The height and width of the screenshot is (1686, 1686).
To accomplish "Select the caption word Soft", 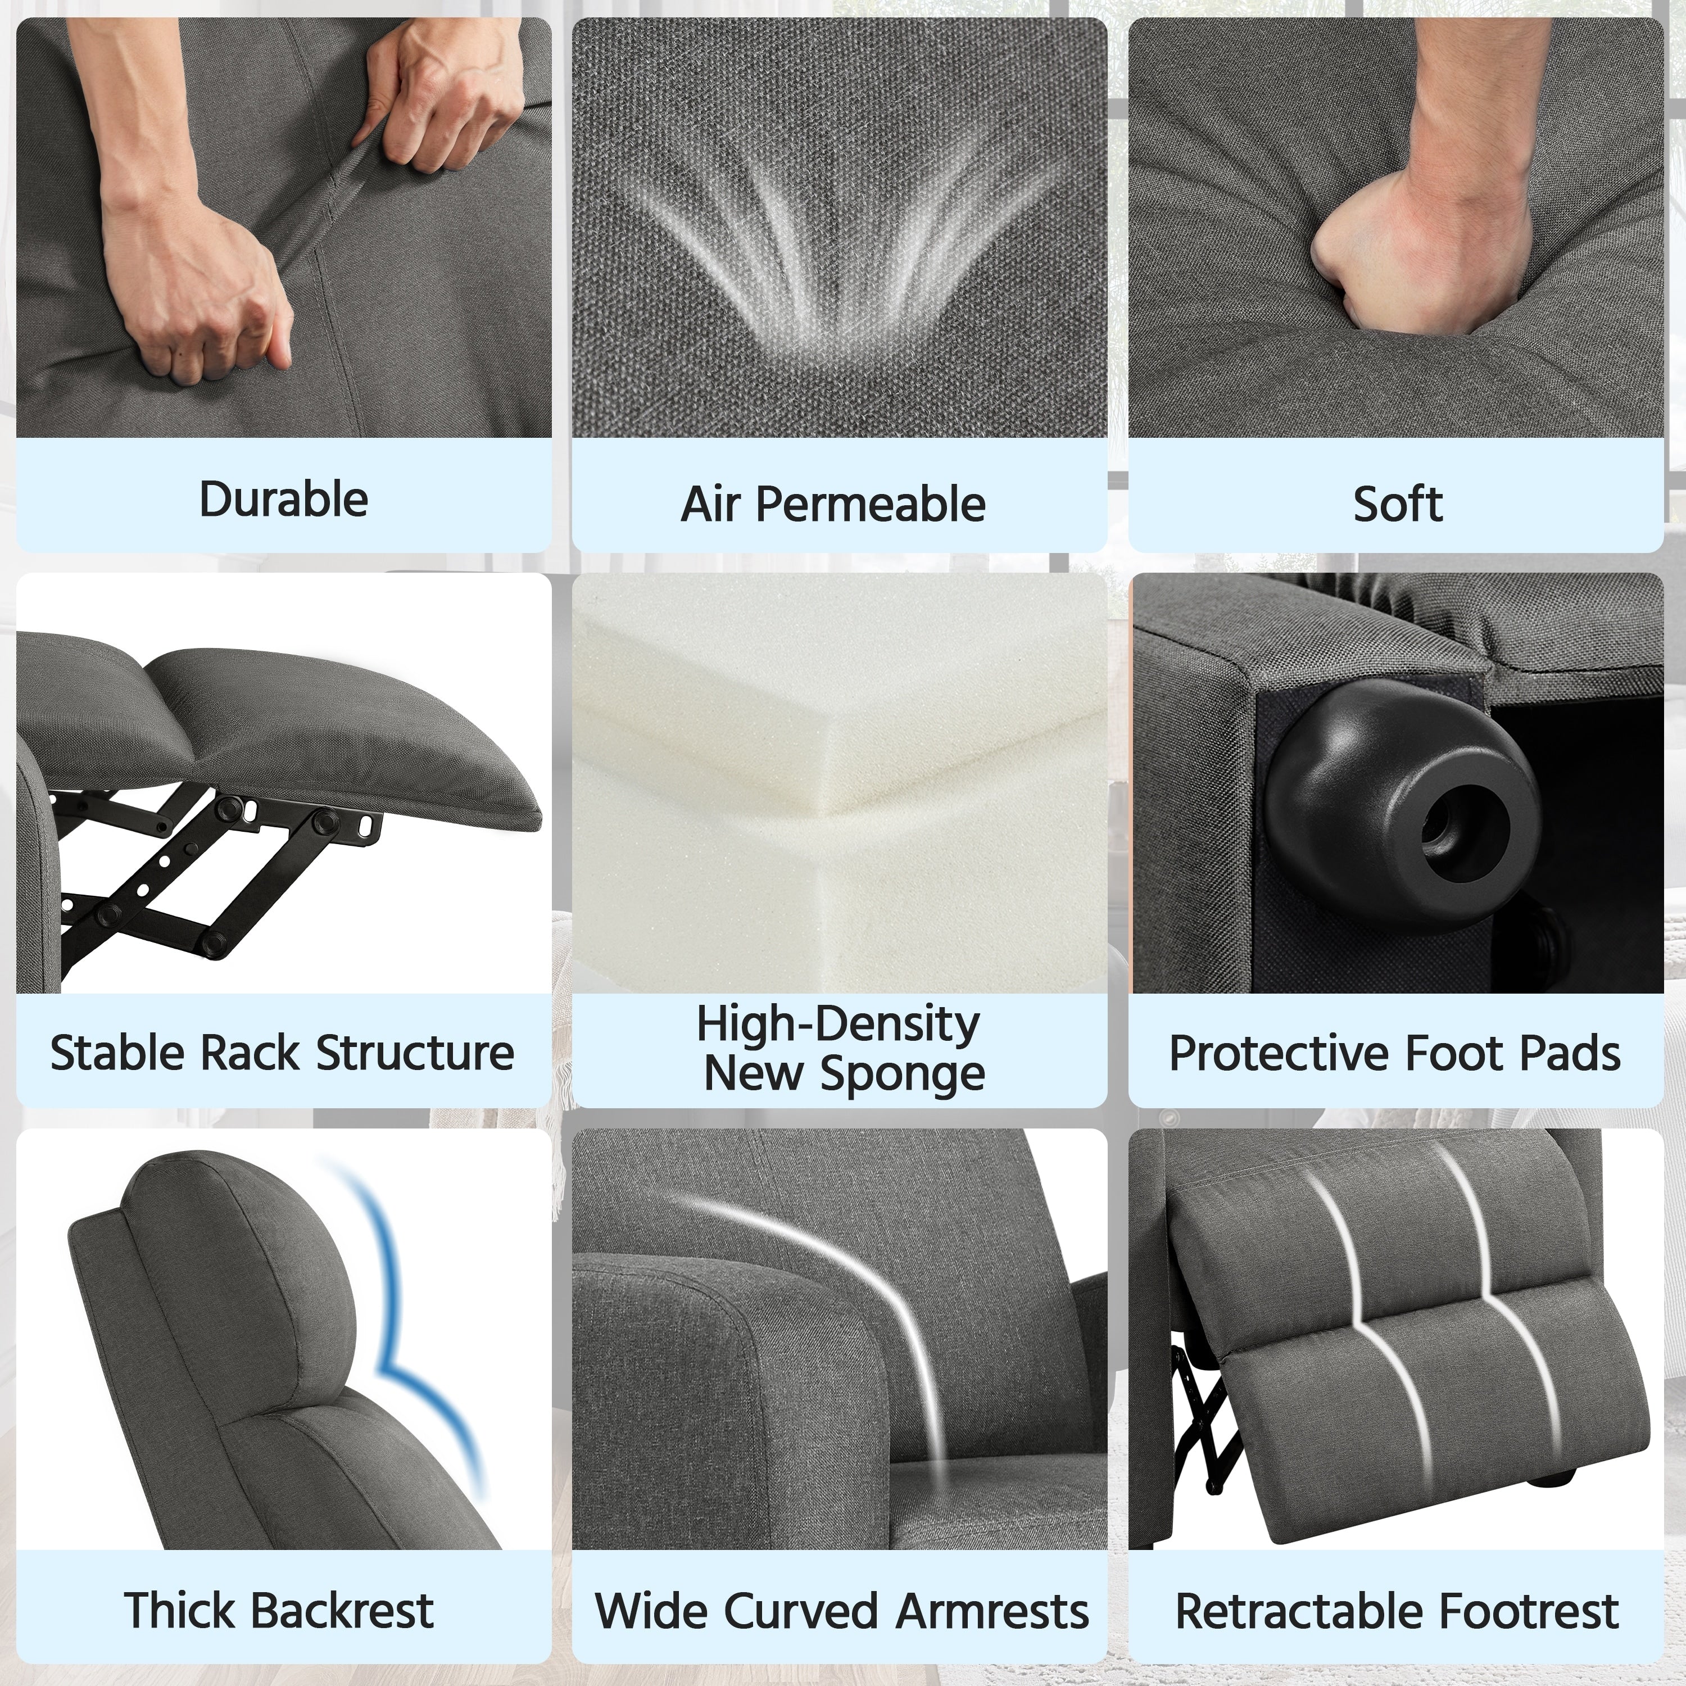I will [1397, 505].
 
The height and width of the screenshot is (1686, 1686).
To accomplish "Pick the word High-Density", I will [838, 1023].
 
